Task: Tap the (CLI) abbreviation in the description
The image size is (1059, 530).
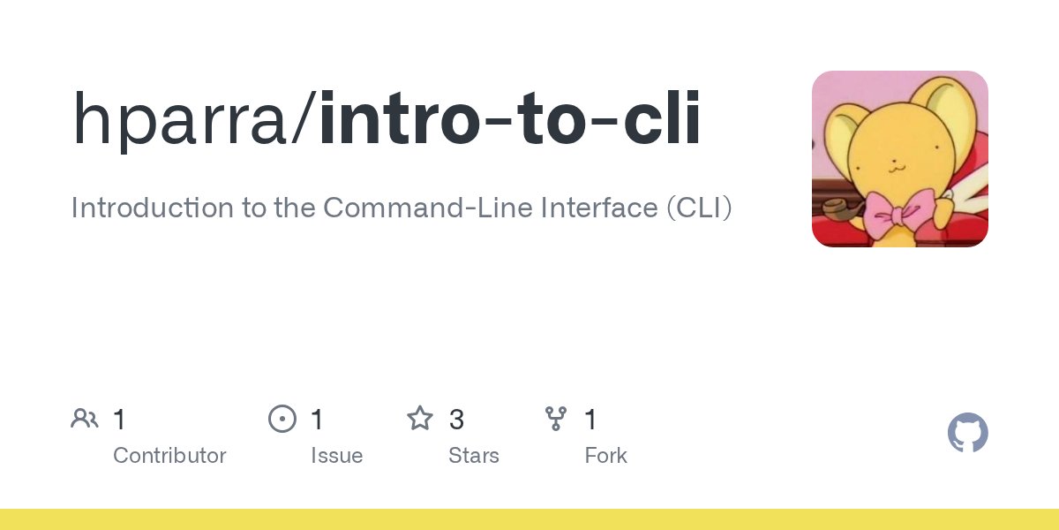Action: (700, 208)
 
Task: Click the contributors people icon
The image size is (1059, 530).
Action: (85, 419)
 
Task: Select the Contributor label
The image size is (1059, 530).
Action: (169, 456)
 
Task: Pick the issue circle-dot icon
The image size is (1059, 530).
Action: (282, 419)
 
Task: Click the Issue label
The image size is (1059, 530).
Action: (336, 456)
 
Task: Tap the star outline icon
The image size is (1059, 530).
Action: (420, 419)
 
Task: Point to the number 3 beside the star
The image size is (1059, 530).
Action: (456, 420)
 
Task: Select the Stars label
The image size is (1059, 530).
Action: (474, 456)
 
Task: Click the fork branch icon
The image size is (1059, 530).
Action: (556, 419)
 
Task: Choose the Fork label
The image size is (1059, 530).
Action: (605, 456)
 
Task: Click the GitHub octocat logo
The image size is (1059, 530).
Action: (967, 434)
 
